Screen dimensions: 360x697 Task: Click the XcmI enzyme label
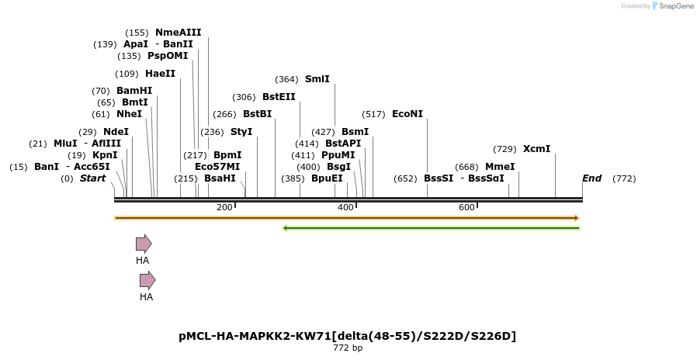536,149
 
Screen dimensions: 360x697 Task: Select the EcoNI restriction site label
407,114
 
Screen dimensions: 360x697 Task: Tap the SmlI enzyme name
317,79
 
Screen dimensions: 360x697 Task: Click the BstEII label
279,97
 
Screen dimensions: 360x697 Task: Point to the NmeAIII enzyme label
178,33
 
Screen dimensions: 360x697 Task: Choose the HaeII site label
160,74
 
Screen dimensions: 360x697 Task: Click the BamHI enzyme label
134,91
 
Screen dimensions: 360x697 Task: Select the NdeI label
116,132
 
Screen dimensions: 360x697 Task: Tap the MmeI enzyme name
500,167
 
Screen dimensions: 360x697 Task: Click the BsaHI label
220,178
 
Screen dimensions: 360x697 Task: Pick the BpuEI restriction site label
327,178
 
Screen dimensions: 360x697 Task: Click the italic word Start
92,178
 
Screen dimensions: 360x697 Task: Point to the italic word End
591,178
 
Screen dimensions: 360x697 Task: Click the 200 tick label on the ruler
224,207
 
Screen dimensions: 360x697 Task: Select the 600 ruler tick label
466,207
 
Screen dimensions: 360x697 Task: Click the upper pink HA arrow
144,244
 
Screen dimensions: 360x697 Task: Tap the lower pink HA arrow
147,280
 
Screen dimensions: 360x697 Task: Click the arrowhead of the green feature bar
286,228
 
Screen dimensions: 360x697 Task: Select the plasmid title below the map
347,336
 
